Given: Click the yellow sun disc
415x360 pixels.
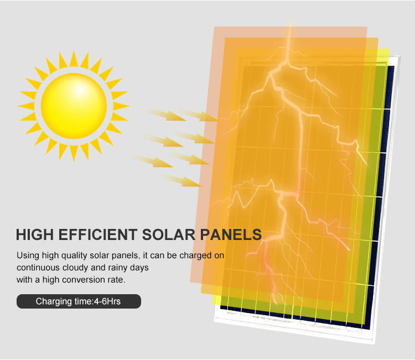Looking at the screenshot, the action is pos(74,106).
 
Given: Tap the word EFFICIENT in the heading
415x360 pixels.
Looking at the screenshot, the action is pos(97,234).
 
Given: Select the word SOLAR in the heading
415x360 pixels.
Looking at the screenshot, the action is pos(169,234).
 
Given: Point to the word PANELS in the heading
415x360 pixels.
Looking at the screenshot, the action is pos(231,234).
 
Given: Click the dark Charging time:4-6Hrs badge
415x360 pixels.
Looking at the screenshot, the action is pos(79,301).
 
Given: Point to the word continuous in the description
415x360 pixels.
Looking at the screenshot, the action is pos(38,268).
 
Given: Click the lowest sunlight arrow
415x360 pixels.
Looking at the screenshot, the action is pos(181,180).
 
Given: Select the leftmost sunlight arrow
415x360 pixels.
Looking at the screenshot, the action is pos(153,161).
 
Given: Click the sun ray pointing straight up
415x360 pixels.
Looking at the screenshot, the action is pos(74,59).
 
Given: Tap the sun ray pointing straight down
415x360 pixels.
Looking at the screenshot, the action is pos(74,153).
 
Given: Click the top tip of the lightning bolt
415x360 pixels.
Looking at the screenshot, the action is pos(290,26).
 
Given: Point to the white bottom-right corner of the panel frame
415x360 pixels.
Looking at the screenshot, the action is pos(375,343).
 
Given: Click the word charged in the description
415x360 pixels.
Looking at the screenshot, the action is pos(195,256).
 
